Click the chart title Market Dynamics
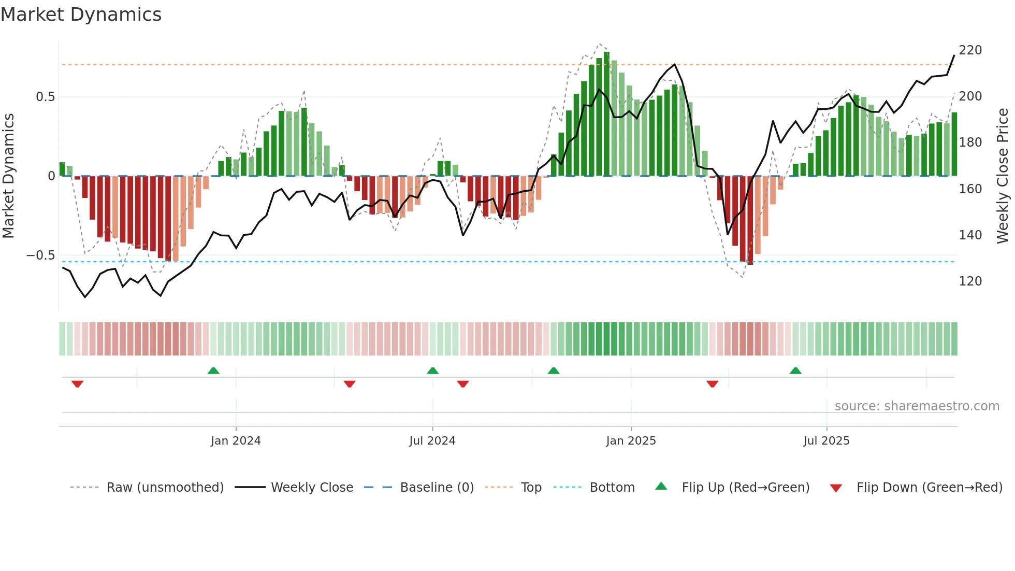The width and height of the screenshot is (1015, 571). (81, 15)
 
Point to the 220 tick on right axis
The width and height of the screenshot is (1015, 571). (970, 50)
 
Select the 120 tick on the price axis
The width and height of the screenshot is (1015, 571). (970, 281)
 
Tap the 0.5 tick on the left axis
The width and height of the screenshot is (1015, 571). (45, 97)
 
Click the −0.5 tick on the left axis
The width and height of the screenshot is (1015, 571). (41, 255)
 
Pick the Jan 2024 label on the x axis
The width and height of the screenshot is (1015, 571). (236, 441)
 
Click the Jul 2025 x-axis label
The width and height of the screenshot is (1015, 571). (827, 441)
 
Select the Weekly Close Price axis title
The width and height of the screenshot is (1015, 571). (1003, 176)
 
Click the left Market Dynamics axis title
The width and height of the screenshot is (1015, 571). (8, 176)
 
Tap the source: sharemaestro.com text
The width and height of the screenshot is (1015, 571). (917, 406)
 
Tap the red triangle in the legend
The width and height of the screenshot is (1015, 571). (836, 488)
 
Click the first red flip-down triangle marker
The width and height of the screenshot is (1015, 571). (78, 384)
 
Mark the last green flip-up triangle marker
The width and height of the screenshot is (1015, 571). (795, 370)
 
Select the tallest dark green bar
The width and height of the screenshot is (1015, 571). (606, 114)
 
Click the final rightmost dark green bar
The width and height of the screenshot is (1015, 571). (954, 145)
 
